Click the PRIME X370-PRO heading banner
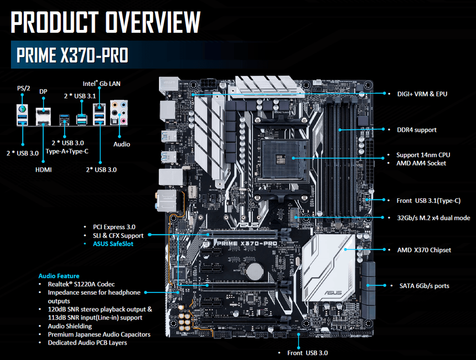point(73,55)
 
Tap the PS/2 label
point(23,88)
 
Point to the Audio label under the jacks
point(121,144)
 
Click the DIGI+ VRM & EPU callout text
point(422,94)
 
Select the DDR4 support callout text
point(416,130)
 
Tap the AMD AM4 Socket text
point(421,163)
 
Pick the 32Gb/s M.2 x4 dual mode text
point(433,218)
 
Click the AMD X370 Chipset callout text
point(424,250)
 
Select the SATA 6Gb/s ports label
point(424,286)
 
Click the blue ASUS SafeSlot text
point(113,244)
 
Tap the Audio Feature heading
point(59,276)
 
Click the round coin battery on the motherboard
point(254,271)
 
